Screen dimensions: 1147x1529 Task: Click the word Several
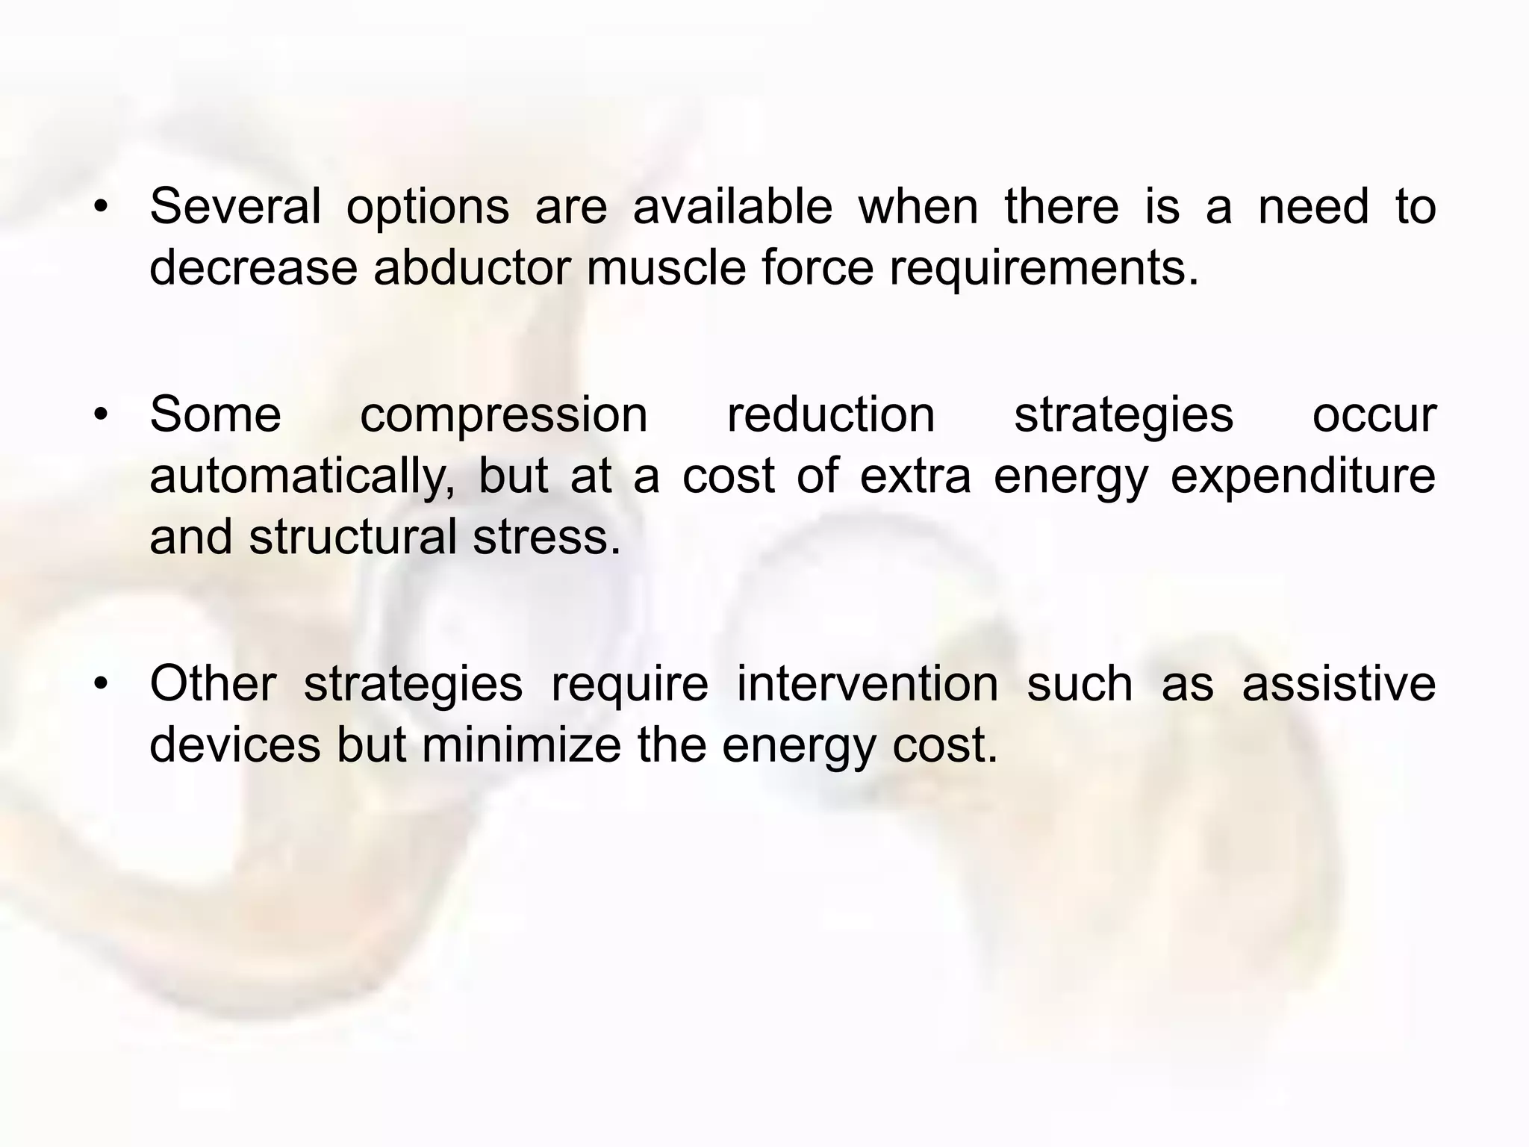pos(235,206)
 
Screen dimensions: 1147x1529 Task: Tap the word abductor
pos(472,267)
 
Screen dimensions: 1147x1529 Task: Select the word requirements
pos(1043,269)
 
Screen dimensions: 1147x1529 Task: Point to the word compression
pos(504,415)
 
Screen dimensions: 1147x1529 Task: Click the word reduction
pos(831,414)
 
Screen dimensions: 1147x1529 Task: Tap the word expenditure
pos(1303,476)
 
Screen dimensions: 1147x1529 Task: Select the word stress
pos(546,537)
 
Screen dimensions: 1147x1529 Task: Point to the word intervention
pos(868,683)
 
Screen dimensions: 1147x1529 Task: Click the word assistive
pos(1339,683)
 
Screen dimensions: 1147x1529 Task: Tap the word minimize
pos(521,745)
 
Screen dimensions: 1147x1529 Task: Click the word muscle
pos(666,267)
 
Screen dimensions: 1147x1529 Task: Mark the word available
pos(732,206)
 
